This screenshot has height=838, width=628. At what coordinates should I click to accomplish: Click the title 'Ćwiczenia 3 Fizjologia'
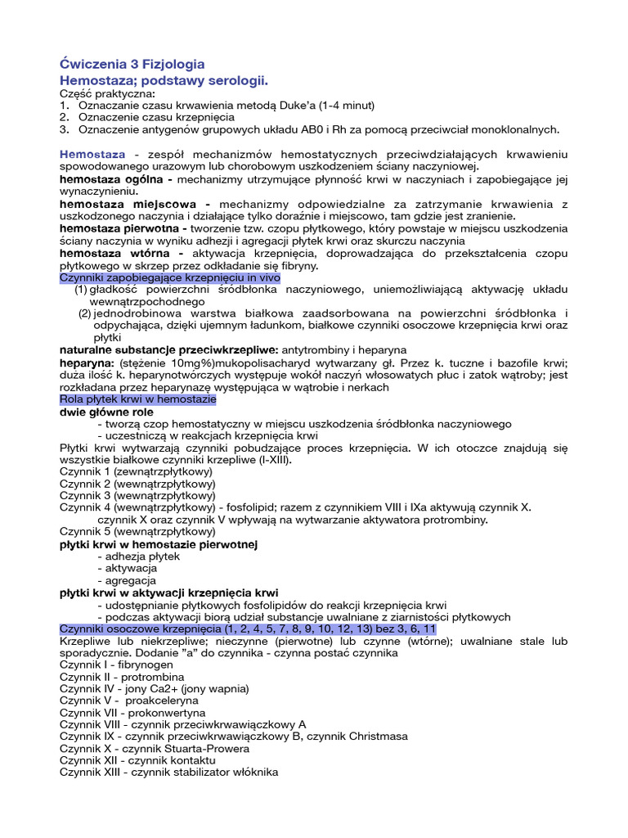point(132,64)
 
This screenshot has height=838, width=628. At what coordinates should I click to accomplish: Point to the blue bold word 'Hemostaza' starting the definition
point(92,154)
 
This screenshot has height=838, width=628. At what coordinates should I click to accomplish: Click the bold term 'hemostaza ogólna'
point(115,178)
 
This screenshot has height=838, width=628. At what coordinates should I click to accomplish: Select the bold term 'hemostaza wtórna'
point(114,254)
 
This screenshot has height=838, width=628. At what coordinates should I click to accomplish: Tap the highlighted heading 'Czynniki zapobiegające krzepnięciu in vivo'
point(170,278)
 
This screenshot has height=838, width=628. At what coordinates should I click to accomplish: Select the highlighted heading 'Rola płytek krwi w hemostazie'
point(138,399)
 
